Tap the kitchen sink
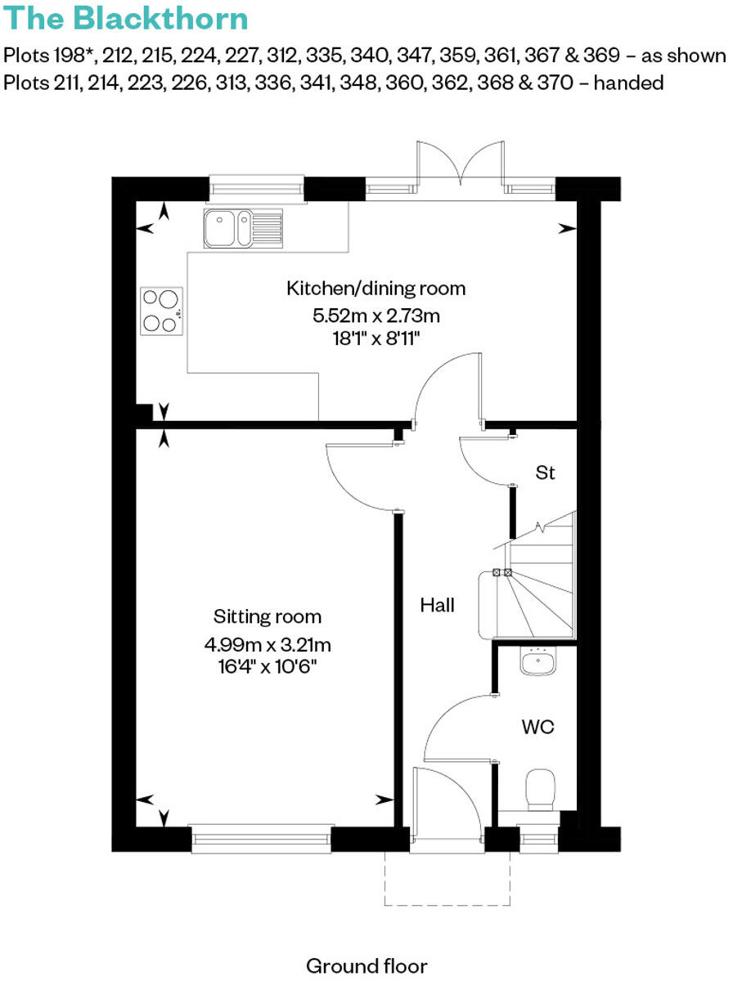point(243,227)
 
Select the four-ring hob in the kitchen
point(161,311)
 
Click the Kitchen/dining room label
point(375,289)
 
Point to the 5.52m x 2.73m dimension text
point(375,315)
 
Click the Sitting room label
point(268,616)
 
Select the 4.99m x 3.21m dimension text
point(268,644)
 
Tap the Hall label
point(437,606)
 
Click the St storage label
point(546,473)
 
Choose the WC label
point(537,726)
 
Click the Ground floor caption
point(366,966)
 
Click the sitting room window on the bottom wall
point(262,840)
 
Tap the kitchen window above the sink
point(256,187)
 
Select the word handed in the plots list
point(631,83)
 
